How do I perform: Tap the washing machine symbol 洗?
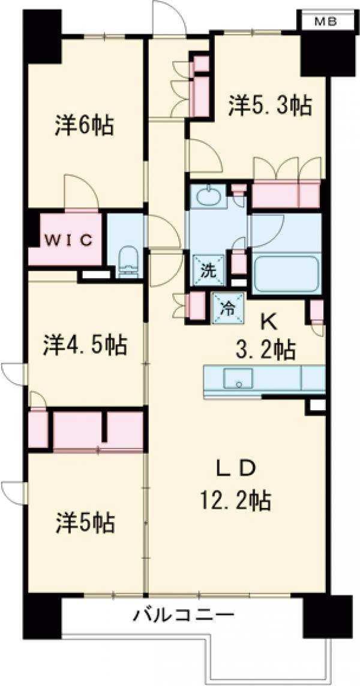tap(207, 271)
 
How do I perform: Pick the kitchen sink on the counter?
tap(238, 378)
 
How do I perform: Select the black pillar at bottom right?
tap(327, 616)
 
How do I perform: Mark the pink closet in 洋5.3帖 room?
tap(286, 193)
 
